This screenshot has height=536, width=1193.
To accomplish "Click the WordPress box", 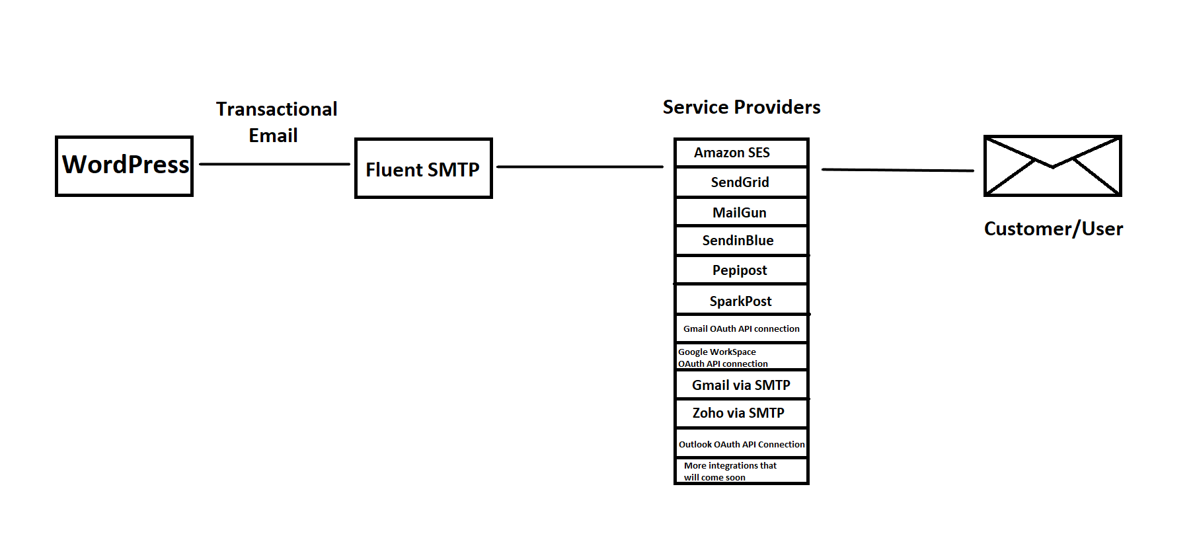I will (124, 166).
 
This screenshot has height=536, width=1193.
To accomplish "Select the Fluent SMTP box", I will (423, 169).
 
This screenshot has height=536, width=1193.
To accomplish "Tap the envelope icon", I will (1052, 166).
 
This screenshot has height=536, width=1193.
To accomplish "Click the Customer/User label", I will (1053, 229).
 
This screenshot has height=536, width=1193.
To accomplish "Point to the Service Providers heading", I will (741, 107).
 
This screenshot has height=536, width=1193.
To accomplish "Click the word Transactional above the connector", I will (276, 109).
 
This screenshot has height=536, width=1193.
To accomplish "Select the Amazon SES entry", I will (741, 153).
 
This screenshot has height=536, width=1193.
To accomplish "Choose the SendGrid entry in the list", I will (741, 182).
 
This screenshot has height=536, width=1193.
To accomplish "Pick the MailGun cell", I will (741, 212).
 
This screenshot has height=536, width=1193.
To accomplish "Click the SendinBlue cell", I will (741, 241).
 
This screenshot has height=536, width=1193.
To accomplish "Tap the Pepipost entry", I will (741, 270).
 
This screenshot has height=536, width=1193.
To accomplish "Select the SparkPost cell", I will (741, 301).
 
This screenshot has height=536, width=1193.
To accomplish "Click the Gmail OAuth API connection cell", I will (741, 328).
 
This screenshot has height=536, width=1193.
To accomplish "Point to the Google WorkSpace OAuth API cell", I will (741, 357).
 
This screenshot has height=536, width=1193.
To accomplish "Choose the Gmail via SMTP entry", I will (741, 385).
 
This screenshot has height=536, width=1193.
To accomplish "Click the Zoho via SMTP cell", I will (741, 413).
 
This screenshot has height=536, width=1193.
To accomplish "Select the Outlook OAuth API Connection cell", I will (741, 443).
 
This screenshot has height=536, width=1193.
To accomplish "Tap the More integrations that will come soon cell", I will (741, 471).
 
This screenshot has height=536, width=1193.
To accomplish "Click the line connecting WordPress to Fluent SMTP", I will (274, 164).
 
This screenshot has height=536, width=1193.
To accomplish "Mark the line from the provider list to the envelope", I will (897, 171).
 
